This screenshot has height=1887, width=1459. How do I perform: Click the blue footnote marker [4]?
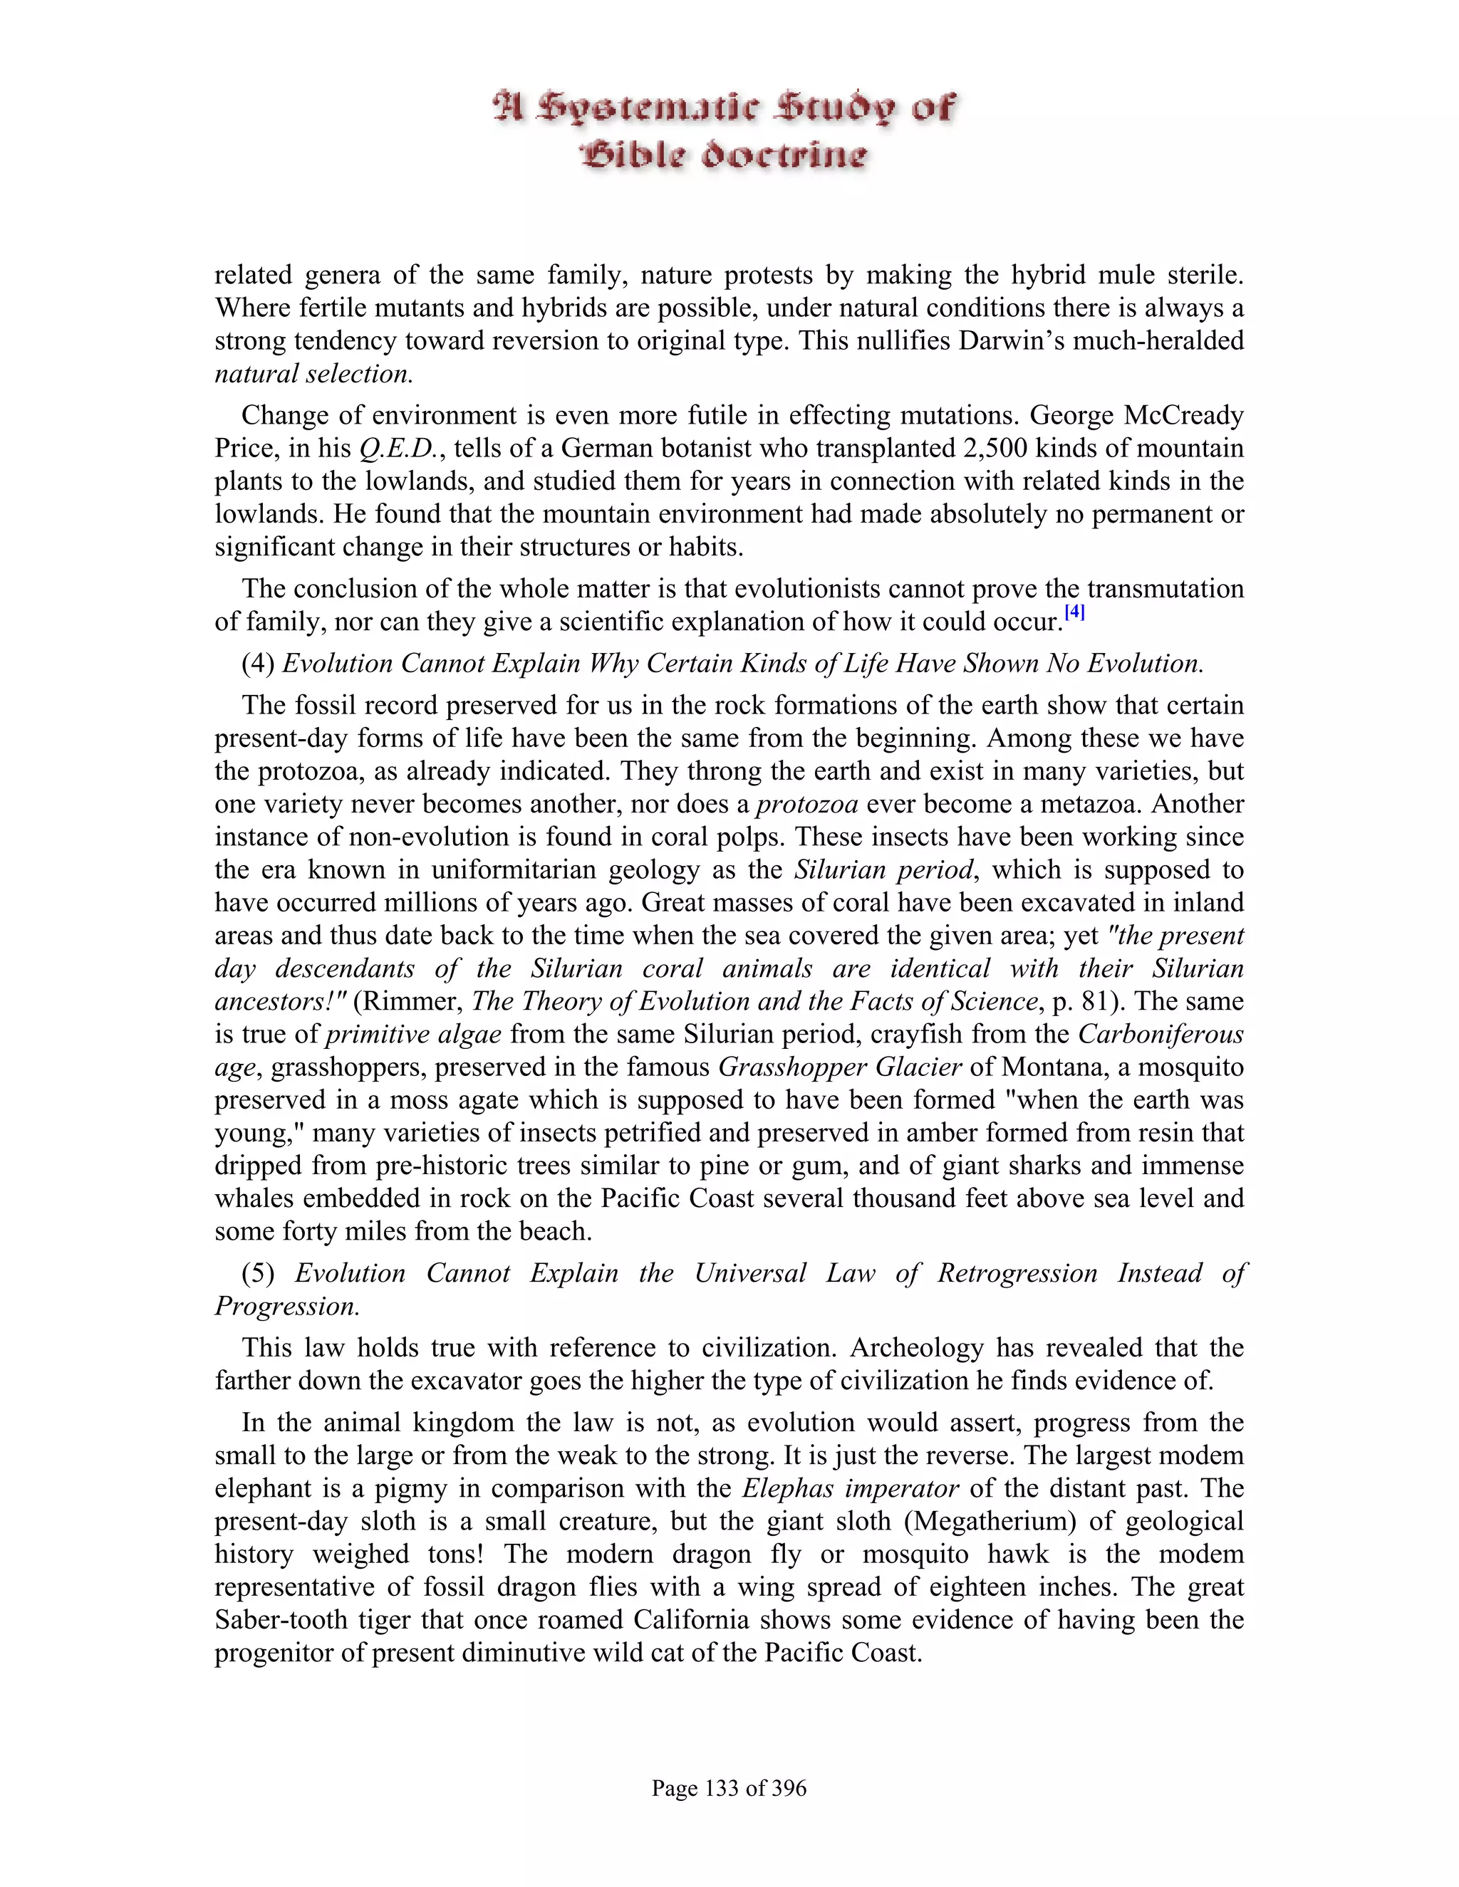point(1074,612)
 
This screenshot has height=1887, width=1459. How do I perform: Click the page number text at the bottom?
point(729,1787)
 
